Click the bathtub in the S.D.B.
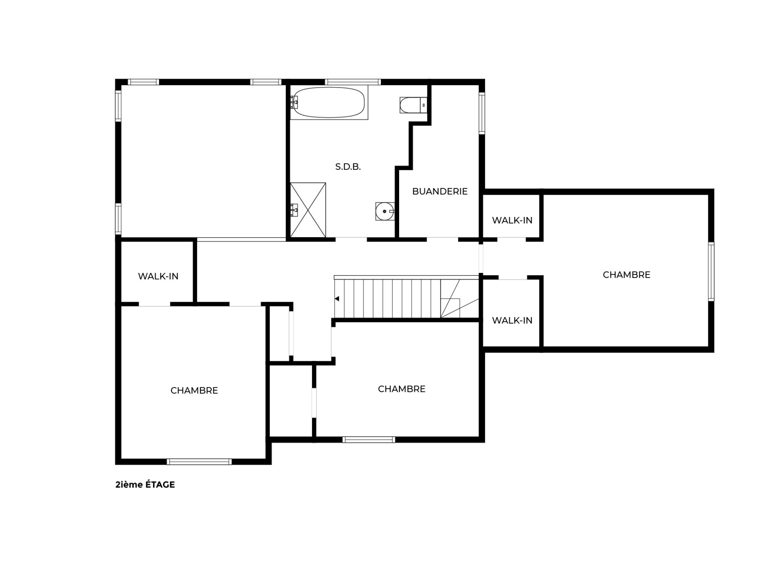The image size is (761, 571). [x=329, y=102]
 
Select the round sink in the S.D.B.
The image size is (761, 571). [x=385, y=211]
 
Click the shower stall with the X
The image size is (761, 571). [x=308, y=210]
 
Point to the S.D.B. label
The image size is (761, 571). [x=348, y=167]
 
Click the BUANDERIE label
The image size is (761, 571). [x=440, y=192]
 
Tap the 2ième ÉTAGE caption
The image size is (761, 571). [x=145, y=485]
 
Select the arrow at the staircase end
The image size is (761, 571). [x=337, y=299]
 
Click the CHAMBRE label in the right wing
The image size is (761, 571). [x=627, y=275]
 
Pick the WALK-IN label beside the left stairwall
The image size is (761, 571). [x=158, y=276]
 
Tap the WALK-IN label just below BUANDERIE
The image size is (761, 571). [x=512, y=220]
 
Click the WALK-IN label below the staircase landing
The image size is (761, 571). [x=512, y=320]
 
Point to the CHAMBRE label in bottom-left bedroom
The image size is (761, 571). [x=194, y=391]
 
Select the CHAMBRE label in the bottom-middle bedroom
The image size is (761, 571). [x=402, y=389]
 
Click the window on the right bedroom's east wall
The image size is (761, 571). [x=711, y=272]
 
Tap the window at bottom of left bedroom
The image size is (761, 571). [x=199, y=462]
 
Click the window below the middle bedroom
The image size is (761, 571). [x=369, y=439]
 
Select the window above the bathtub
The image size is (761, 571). [x=353, y=82]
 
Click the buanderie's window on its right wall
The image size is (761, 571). [x=482, y=113]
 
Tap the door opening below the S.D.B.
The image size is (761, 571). [x=351, y=240]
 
